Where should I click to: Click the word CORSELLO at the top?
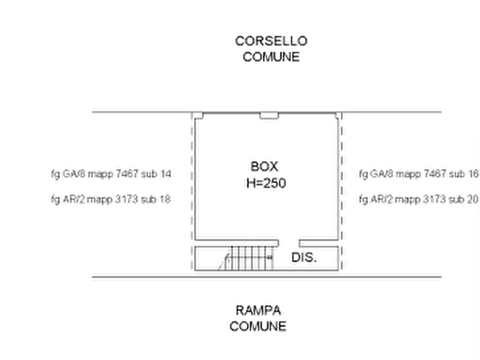271,41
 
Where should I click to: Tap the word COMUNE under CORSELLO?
271,57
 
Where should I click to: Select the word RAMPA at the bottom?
258,311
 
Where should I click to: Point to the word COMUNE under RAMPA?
258,326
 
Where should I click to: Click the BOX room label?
264,167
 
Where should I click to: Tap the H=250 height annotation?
266,183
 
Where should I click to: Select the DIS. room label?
304,257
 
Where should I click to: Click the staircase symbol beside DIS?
246,258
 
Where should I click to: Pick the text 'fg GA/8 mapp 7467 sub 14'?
111,174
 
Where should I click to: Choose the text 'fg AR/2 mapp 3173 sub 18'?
111,199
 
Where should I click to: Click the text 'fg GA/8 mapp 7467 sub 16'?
419,174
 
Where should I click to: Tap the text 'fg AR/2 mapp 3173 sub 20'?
419,199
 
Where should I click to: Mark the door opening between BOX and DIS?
289,243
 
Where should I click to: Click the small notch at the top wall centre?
269,116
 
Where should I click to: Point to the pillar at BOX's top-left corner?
198,116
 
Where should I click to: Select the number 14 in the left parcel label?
166,174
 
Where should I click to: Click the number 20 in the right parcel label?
472,199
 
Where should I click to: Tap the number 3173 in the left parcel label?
126,199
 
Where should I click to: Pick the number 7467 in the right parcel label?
434,174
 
